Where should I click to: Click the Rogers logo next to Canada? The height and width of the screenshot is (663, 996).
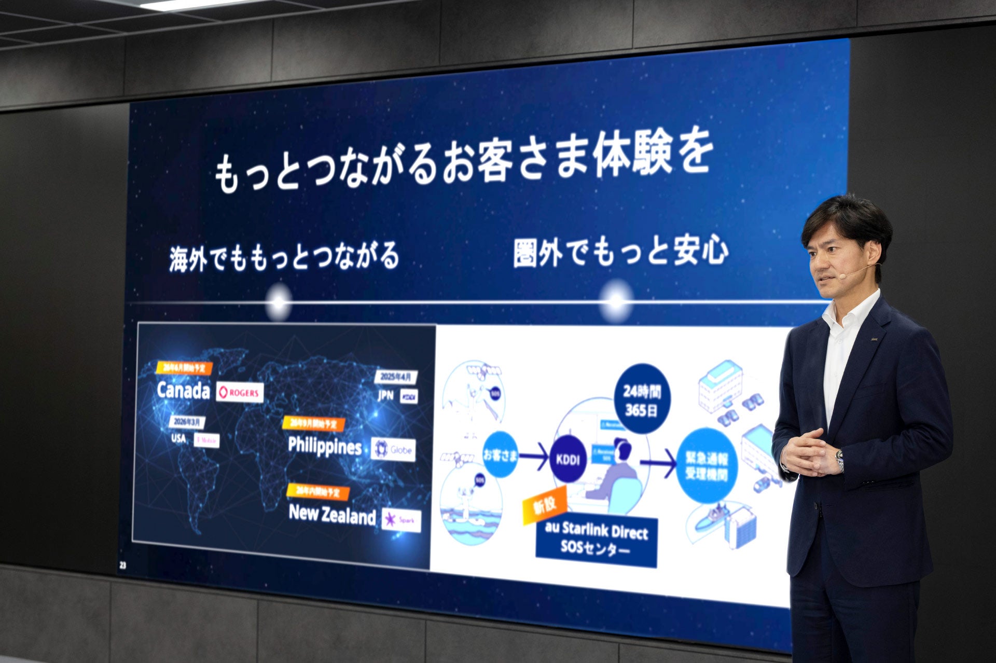pyautogui.click(x=240, y=393)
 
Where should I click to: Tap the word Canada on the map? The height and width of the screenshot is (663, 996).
pyautogui.click(x=184, y=390)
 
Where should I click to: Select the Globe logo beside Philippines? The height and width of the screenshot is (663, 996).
pyautogui.click(x=394, y=449)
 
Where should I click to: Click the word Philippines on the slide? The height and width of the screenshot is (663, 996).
pyautogui.click(x=325, y=446)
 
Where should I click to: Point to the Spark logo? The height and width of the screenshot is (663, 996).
pyautogui.click(x=401, y=519)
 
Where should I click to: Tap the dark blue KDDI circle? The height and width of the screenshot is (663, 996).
pyautogui.click(x=568, y=459)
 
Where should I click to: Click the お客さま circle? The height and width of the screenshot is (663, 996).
pyautogui.click(x=500, y=455)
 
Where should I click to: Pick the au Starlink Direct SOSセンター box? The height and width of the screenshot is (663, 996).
pyautogui.click(x=597, y=540)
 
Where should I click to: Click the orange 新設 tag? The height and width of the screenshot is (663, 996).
pyautogui.click(x=545, y=503)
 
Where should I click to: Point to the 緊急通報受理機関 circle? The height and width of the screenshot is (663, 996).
pyautogui.click(x=706, y=465)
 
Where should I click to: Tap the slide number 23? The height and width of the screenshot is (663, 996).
pyautogui.click(x=123, y=565)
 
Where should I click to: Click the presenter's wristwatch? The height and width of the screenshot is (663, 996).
pyautogui.click(x=839, y=459)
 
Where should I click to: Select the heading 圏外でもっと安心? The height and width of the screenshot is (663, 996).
pyautogui.click(x=620, y=253)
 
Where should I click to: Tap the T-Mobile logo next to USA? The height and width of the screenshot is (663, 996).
pyautogui.click(x=207, y=440)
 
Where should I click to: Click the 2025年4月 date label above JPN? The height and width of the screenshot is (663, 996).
pyautogui.click(x=396, y=377)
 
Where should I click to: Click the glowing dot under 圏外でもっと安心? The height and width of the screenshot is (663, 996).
pyautogui.click(x=616, y=301)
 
